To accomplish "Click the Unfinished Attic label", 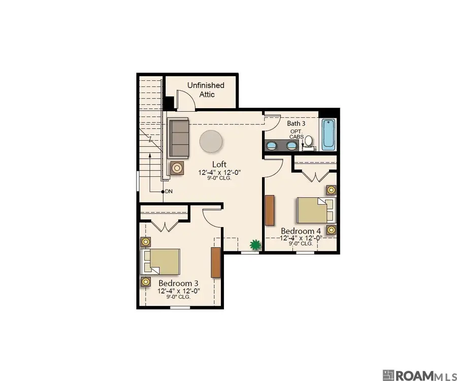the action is (x=206, y=90).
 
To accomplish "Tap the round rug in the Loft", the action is (x=211, y=141).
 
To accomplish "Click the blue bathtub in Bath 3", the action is (x=329, y=135).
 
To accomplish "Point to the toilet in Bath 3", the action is (x=308, y=141).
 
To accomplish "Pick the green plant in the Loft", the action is (x=255, y=244).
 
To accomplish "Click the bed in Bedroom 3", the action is (x=160, y=262).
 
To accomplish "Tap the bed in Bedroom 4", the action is (x=316, y=210).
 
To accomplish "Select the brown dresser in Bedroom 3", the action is (x=216, y=262).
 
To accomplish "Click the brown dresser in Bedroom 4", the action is (x=270, y=210).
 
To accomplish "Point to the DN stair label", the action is (x=169, y=192).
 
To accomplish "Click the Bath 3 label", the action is (x=296, y=123).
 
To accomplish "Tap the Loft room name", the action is (x=219, y=164).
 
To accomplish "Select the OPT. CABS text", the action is (x=297, y=134).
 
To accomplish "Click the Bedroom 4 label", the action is (x=301, y=231).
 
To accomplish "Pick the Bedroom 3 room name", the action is (x=178, y=283).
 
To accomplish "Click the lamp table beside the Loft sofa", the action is (x=177, y=168).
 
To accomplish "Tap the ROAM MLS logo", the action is (x=420, y=375).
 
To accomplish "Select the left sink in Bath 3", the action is (x=272, y=145).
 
